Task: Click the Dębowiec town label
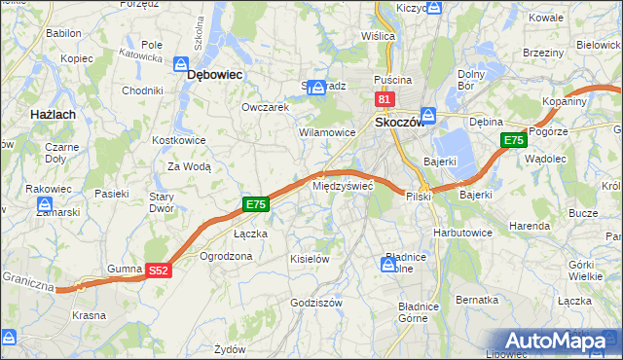click(214, 73)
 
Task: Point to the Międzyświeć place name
click(342, 185)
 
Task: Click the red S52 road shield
click(161, 275)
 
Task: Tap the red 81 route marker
click(384, 100)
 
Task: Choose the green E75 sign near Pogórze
click(514, 142)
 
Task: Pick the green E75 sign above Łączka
click(255, 204)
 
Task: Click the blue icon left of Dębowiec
click(182, 65)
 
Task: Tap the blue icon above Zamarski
click(45, 204)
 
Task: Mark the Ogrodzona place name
click(226, 256)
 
